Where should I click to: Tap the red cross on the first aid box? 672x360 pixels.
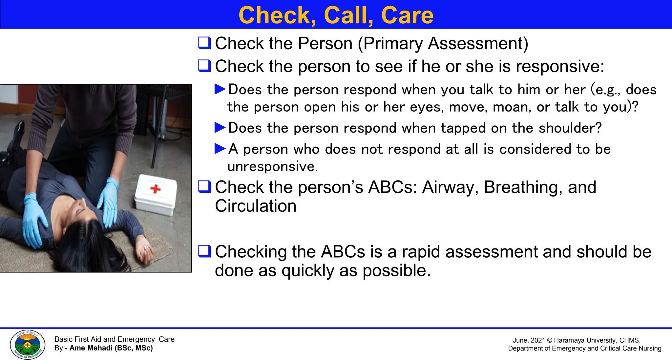(x=155, y=189)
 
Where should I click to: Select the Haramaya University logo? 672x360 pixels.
(x=28, y=345)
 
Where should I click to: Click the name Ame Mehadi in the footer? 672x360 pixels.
(x=91, y=348)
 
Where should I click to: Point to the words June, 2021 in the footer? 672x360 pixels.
(x=529, y=341)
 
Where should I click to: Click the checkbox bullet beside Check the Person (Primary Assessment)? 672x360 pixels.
(x=204, y=43)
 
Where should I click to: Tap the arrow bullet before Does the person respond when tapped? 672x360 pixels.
(x=220, y=128)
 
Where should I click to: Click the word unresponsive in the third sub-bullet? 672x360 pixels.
(x=272, y=167)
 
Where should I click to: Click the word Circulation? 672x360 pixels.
(x=256, y=206)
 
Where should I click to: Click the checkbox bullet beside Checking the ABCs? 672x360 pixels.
(x=204, y=251)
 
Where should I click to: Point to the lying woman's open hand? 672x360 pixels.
(x=145, y=251)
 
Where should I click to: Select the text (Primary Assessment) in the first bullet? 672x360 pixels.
(x=443, y=44)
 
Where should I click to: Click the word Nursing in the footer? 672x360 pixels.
(x=650, y=349)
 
